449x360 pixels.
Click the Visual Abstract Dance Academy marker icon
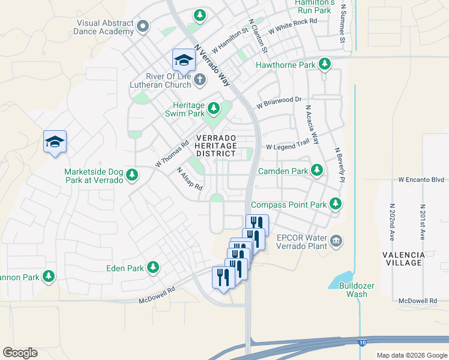(142, 26)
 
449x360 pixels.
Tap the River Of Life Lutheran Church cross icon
(200, 79)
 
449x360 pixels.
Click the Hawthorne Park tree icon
(325, 64)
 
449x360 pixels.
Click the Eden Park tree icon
(153, 268)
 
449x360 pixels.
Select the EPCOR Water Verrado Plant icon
(336, 241)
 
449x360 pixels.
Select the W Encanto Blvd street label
(421, 179)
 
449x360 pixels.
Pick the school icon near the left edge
(55, 142)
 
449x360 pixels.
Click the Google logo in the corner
(20, 353)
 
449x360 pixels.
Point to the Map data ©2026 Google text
(411, 355)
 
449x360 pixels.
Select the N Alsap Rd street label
(189, 179)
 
